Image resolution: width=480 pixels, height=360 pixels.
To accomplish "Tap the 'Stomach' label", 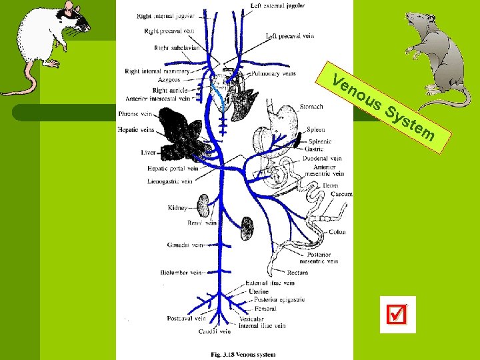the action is click(312, 106).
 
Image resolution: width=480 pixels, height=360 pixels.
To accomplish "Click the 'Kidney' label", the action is click(178, 208).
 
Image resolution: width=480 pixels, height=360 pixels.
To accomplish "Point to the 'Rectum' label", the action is click(297, 272).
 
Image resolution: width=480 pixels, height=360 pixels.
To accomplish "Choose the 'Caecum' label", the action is click(341, 194).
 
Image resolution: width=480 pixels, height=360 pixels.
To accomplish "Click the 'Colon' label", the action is click(337, 233).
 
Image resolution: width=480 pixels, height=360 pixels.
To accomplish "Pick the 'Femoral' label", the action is click(265, 309).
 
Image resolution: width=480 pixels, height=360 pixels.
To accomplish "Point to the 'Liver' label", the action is click(148, 153).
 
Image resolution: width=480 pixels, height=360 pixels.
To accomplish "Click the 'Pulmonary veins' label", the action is click(274, 74).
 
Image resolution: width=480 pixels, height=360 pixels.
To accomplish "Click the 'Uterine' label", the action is click(258, 292).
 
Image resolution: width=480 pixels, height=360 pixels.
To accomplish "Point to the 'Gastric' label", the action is click(314, 149).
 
